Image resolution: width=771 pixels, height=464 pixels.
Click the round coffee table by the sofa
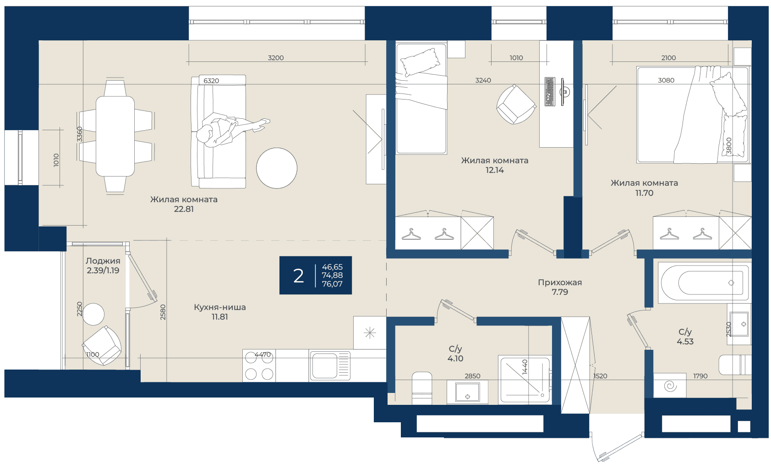point(276,168)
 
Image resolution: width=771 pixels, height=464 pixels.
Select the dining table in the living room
point(115,136)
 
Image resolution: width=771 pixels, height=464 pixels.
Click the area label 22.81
point(184,209)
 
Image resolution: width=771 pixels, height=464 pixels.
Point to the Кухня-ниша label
point(220,307)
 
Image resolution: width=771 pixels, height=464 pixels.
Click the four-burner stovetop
point(259,366)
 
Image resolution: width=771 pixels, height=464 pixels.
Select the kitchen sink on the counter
point(330,366)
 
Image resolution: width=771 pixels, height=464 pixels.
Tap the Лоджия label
point(103,261)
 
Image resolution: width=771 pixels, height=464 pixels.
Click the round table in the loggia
point(93,314)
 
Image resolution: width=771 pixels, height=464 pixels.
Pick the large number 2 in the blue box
point(298,276)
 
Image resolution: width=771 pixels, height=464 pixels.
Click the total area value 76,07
point(332,284)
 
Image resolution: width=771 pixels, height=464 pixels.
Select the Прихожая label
point(560,282)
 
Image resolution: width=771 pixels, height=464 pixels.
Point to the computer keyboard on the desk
point(550,92)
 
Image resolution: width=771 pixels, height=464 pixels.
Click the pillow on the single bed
point(420,62)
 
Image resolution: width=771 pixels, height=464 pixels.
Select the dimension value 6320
point(211,81)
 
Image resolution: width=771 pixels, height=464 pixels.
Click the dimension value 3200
point(276,58)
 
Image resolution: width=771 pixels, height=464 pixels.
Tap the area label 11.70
point(645,193)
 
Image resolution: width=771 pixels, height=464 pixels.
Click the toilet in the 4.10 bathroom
point(422,388)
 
